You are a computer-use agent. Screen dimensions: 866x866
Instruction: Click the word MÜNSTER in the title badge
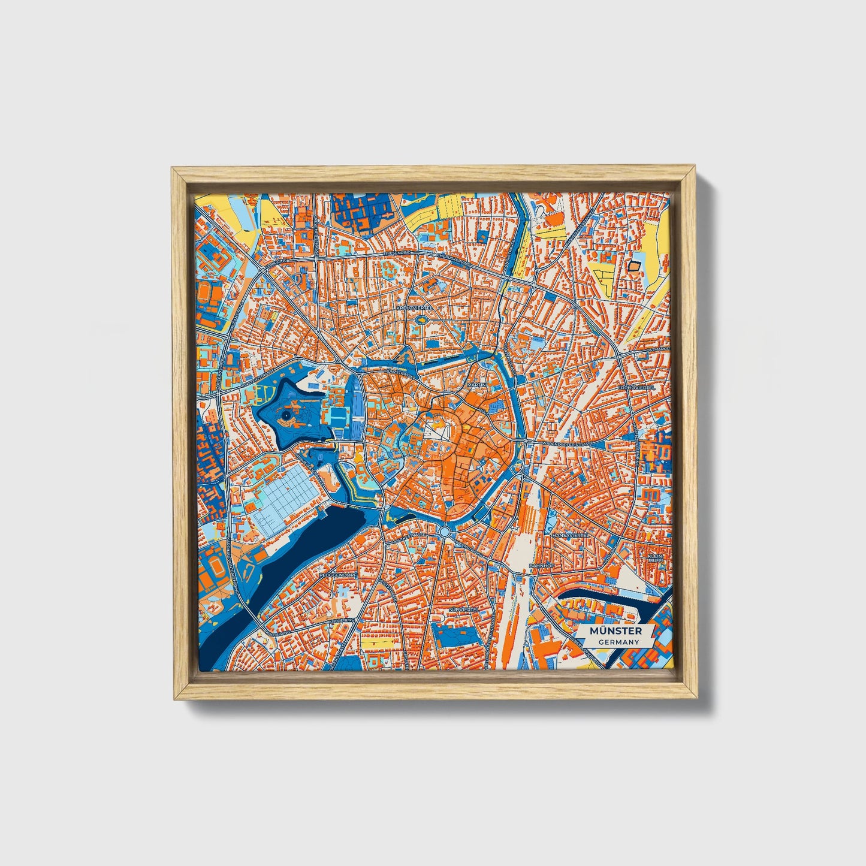(615, 631)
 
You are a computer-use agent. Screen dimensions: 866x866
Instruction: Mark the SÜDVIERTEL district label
(461, 608)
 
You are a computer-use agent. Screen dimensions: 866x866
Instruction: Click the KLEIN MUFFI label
(657, 560)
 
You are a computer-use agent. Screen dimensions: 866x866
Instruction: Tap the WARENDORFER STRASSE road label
(566, 444)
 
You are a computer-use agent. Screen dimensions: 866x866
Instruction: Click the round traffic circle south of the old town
(444, 532)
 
